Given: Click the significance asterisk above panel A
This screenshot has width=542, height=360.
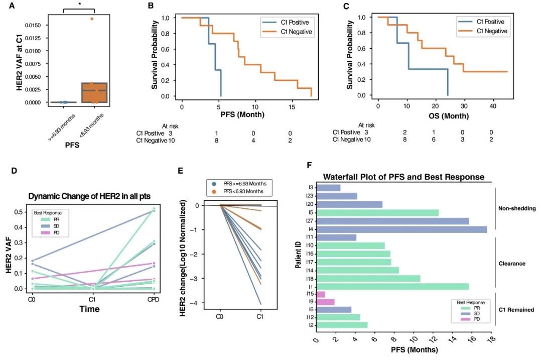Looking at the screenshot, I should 79,4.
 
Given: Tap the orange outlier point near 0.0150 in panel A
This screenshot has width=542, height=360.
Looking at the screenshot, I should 92,19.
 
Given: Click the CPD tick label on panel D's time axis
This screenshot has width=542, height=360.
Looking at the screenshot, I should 154,299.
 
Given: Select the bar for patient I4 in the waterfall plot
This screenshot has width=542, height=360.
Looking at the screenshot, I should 402,229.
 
